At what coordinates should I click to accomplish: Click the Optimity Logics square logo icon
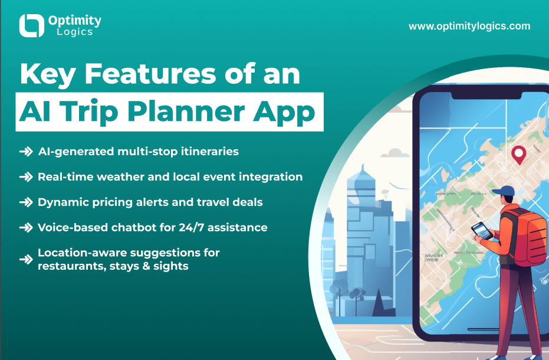(x=31, y=25)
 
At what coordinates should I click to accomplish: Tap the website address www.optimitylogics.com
(x=469, y=27)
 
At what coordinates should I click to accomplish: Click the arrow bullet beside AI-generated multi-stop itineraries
(x=26, y=152)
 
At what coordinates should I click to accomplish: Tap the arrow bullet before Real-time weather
(x=26, y=177)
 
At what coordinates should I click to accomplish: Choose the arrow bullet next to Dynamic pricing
(x=26, y=202)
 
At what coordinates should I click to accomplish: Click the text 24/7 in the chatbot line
(x=192, y=227)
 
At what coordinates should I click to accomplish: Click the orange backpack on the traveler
(x=528, y=235)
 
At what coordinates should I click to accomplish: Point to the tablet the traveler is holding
(x=482, y=231)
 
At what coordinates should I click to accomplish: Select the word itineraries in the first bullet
(x=210, y=152)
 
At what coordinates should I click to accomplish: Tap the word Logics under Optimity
(x=74, y=32)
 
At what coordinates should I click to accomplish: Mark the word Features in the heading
(x=150, y=74)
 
